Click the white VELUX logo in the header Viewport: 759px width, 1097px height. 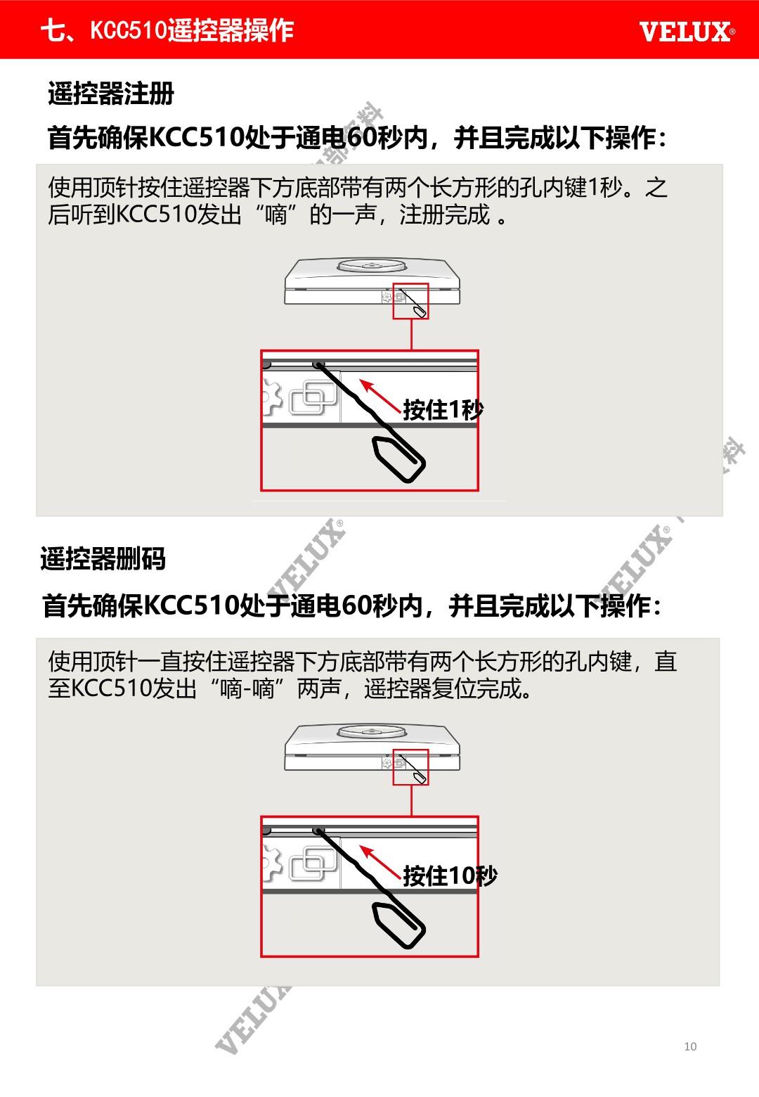pyautogui.click(x=687, y=32)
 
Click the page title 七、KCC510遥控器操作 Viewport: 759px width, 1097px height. pyautogui.click(x=167, y=30)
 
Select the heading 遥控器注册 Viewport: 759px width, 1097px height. pyautogui.click(x=111, y=93)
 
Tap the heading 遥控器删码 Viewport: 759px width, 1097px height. pyautogui.click(x=103, y=558)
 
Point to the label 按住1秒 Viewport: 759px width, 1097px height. pyautogui.click(x=443, y=409)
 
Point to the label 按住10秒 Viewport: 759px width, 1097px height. pyautogui.click(x=450, y=875)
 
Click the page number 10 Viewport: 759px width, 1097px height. pyautogui.click(x=690, y=1046)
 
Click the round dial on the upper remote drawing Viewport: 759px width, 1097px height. pyautogui.click(x=372, y=265)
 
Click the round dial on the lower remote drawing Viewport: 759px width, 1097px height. pyautogui.click(x=372, y=731)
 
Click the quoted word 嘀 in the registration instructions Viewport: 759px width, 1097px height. pyautogui.click(x=275, y=214)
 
